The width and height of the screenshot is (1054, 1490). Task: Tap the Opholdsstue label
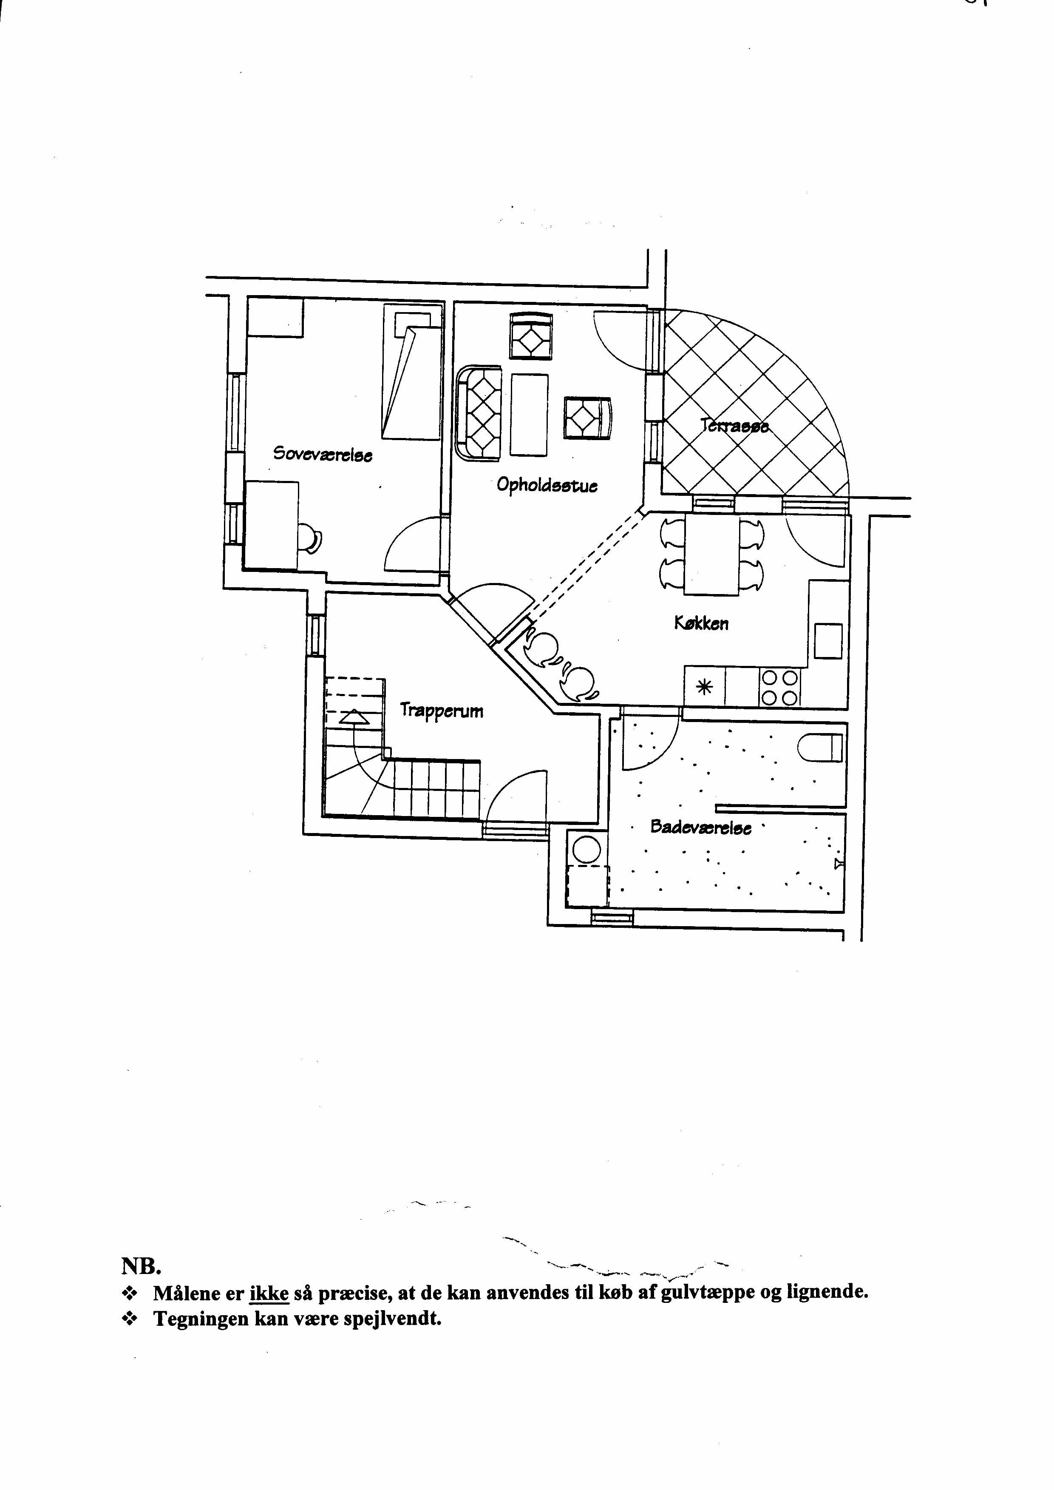[547, 485]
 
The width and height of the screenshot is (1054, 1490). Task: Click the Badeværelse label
[700, 828]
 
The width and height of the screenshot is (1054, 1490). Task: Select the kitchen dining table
[711, 554]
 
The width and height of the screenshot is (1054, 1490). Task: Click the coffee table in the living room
[529, 414]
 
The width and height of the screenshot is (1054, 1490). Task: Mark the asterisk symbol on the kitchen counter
[704, 687]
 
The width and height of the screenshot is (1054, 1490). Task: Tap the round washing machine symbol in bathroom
[586, 850]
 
